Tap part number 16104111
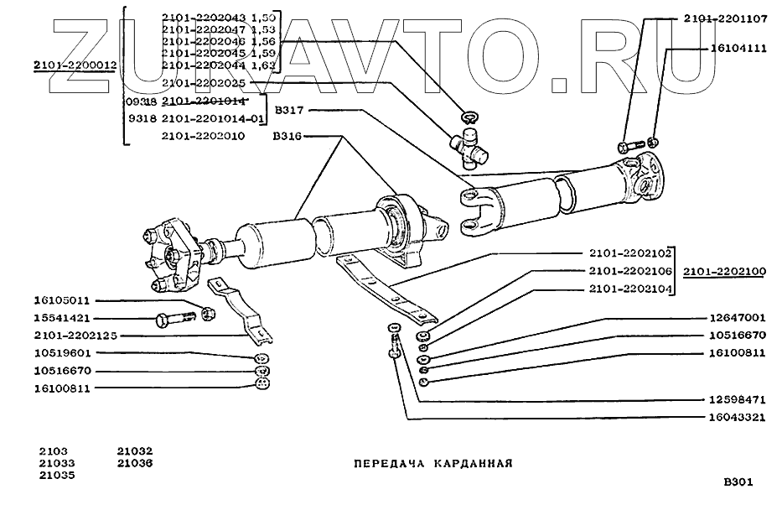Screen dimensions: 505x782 [738, 49]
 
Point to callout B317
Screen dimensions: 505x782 [291, 109]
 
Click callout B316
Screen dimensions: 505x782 [287, 134]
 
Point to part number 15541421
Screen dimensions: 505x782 [62, 319]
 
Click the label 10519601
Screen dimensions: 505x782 [62, 353]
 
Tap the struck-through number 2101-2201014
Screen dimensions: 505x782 [201, 101]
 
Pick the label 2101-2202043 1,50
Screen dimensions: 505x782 [216, 16]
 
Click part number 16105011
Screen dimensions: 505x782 [62, 300]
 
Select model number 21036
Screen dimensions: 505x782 [135, 462]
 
